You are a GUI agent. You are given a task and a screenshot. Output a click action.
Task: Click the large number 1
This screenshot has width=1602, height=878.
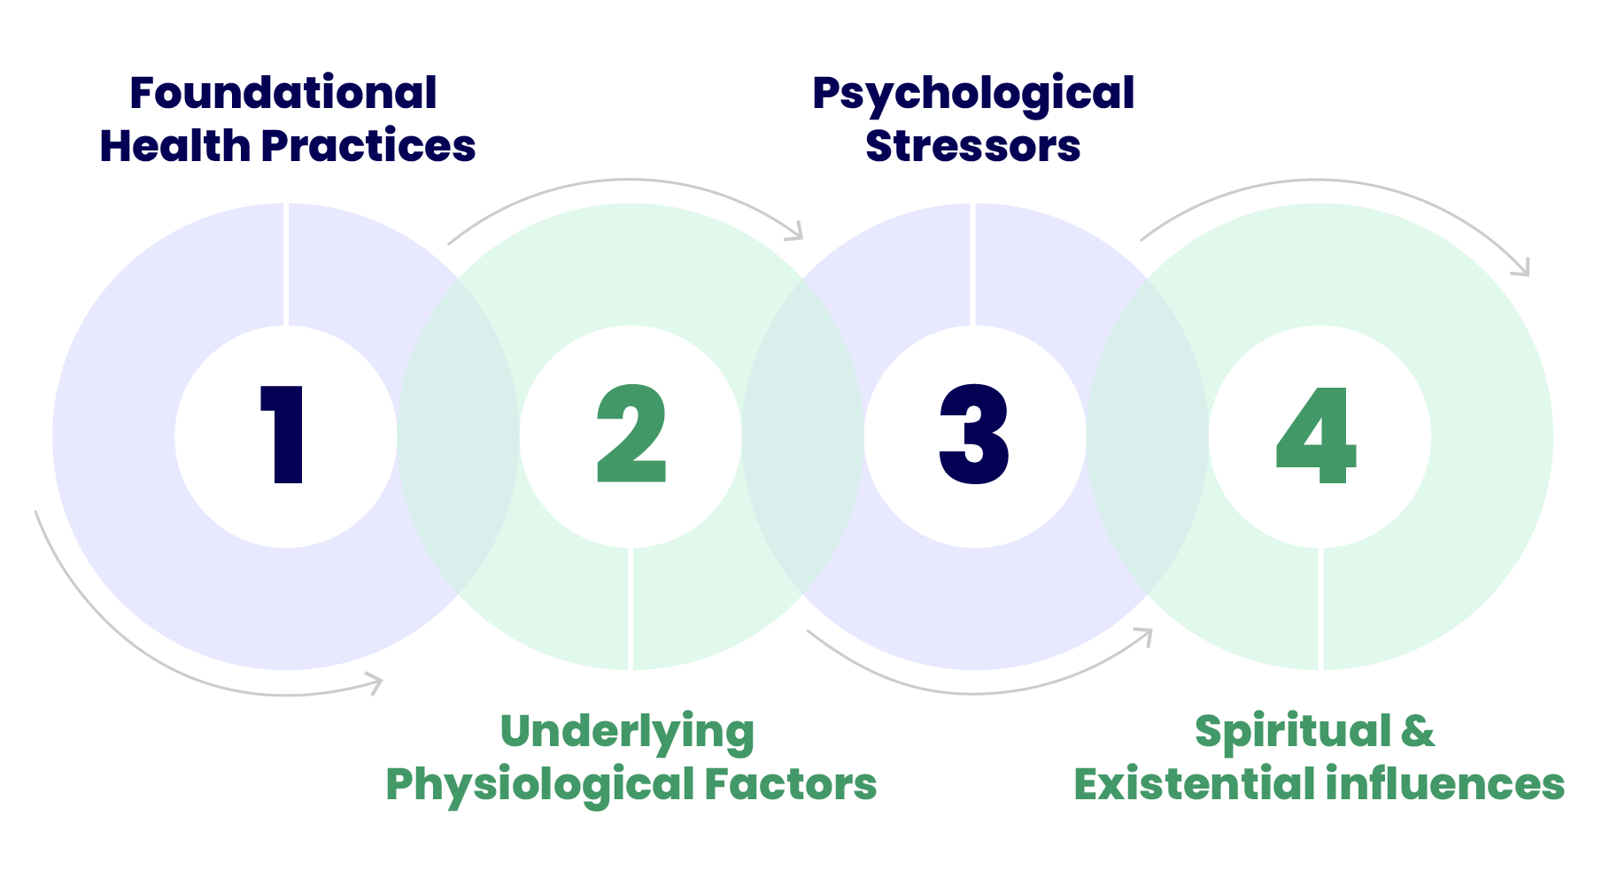(x=285, y=435)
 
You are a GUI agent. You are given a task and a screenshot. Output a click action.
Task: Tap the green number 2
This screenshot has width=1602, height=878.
(x=631, y=435)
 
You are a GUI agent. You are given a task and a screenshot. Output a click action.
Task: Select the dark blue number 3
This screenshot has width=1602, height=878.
(x=974, y=435)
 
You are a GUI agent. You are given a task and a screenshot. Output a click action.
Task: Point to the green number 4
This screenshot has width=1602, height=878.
(x=1317, y=436)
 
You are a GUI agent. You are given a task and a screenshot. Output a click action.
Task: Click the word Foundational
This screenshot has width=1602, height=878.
(x=283, y=93)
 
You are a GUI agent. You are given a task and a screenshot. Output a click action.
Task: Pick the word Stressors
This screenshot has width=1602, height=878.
(x=973, y=146)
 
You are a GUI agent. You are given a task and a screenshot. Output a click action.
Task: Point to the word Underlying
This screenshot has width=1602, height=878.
(x=627, y=733)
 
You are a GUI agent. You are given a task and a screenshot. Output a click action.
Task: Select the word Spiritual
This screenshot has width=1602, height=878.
(x=1293, y=733)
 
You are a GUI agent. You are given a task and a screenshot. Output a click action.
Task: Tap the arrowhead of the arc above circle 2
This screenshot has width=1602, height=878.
(x=796, y=233)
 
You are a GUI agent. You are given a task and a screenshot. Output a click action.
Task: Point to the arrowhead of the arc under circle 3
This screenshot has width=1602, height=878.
(x=1146, y=635)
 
